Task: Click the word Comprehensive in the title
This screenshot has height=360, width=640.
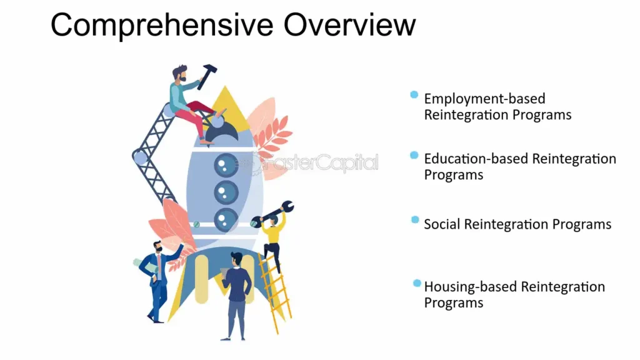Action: coord(162,26)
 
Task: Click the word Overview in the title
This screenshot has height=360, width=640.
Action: coord(350,24)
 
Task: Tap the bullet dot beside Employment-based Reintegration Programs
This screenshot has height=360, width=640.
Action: coord(414,95)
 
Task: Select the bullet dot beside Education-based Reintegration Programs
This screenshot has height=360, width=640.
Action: coord(414,155)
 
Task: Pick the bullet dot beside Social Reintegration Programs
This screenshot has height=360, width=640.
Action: coord(415,220)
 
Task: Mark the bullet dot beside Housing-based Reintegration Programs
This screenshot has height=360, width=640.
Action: coord(416,283)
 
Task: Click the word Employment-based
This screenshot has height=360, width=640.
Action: coord(484,99)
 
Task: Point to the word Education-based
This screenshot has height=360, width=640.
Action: coord(476,159)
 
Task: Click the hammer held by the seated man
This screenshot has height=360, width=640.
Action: coord(207,76)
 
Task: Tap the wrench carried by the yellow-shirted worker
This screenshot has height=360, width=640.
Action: coord(272,213)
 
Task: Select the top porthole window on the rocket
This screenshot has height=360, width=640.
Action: coord(226,165)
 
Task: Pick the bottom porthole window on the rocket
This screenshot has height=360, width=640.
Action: coord(226,220)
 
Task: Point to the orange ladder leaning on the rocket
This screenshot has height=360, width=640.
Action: coord(275,292)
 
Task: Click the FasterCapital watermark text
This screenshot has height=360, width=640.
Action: coord(312,163)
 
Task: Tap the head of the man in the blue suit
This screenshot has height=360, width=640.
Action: coord(157,246)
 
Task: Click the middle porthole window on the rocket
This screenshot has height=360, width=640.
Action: coord(226,192)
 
